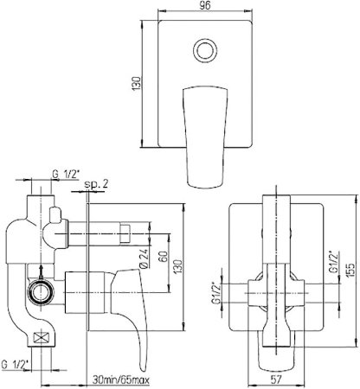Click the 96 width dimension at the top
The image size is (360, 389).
click(x=205, y=5)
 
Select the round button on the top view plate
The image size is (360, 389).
click(x=204, y=50)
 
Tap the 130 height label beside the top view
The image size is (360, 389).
click(x=136, y=84)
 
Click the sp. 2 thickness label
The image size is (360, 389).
click(x=96, y=184)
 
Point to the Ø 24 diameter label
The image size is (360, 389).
click(x=145, y=258)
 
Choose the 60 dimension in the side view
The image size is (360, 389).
click(x=163, y=258)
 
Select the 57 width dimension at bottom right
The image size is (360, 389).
click(x=276, y=379)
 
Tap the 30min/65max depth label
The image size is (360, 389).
click(x=121, y=380)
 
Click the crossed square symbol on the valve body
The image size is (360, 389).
click(x=42, y=337)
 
